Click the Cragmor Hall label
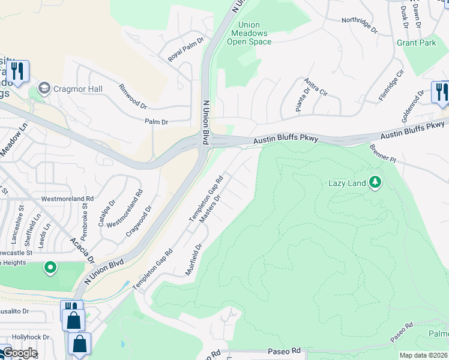[77, 89]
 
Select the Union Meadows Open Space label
[249, 33]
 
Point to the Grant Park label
[416, 43]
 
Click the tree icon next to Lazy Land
[375, 181]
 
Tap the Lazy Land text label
[347, 183]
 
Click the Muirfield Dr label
[196, 259]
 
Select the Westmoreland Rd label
[67, 198]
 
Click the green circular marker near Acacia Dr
[51, 267]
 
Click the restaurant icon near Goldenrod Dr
[441, 92]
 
